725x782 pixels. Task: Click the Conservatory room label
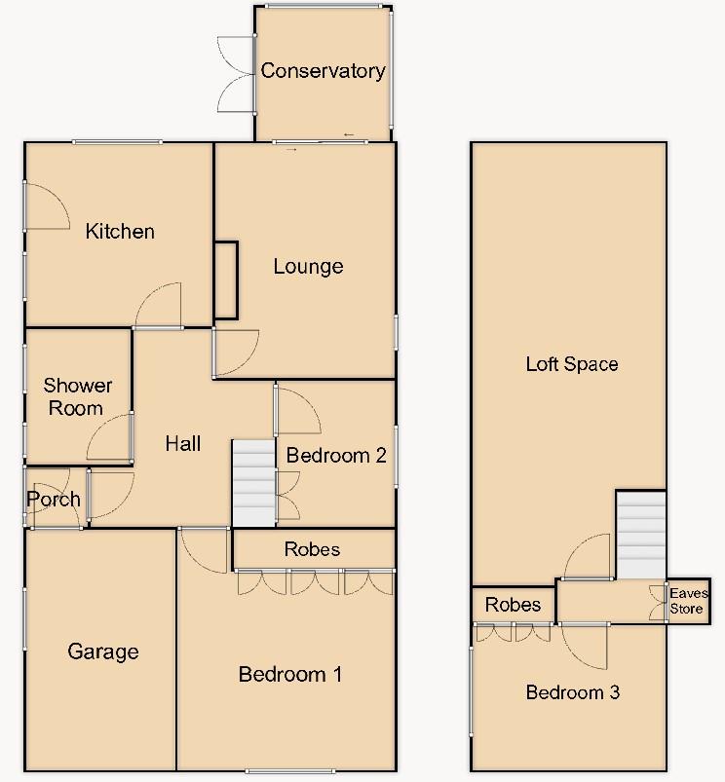tap(323, 70)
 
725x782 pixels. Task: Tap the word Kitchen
tap(120, 231)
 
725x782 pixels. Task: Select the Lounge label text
tap(308, 266)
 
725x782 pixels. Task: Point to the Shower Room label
tap(77, 396)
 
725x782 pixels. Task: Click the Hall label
tap(182, 443)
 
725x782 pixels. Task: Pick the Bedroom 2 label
tap(336, 455)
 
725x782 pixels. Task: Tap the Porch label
tap(54, 500)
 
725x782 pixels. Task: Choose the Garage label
tap(103, 652)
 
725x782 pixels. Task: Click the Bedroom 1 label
tap(289, 674)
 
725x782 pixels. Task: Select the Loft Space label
tap(572, 364)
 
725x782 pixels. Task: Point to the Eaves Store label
tap(689, 600)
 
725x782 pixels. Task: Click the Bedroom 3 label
tap(572, 692)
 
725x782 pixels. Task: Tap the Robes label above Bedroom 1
tap(313, 549)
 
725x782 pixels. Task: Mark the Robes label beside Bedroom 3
tap(513, 605)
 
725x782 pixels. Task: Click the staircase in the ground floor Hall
tap(253, 483)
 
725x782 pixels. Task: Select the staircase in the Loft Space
tap(640, 536)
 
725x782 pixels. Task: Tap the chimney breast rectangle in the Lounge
tap(225, 280)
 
